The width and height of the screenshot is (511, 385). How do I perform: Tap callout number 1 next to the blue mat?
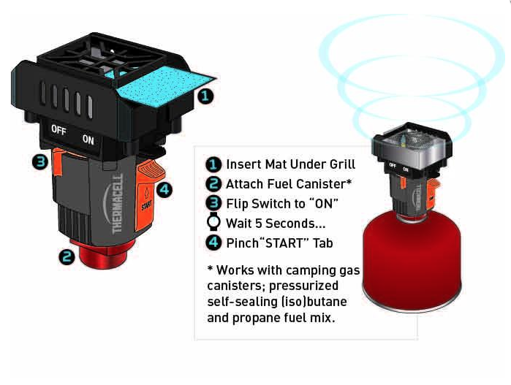[205, 96]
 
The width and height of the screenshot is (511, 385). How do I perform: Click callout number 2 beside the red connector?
[67, 256]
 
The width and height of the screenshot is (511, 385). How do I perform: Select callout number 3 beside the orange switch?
[40, 162]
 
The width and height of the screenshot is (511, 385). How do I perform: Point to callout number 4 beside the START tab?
[164, 189]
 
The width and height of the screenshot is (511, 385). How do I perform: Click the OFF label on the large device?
[58, 130]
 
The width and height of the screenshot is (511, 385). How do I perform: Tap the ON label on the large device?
[88, 140]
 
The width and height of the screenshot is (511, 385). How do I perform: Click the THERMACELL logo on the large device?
[117, 204]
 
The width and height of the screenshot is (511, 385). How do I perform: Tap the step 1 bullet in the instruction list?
[213, 164]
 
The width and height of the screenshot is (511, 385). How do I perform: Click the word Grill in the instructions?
[342, 164]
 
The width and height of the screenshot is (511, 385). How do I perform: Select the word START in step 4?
[284, 243]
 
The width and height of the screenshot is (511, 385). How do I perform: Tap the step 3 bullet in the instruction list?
[213, 204]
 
